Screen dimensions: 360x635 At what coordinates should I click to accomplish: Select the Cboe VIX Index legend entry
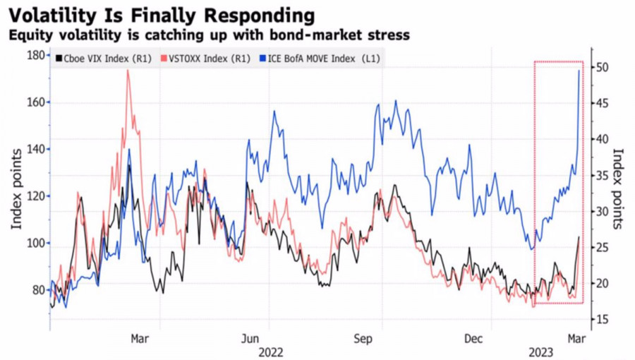point(102,59)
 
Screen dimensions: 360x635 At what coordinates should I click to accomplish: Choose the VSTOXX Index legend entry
point(205,59)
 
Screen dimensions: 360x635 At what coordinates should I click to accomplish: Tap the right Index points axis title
point(619,187)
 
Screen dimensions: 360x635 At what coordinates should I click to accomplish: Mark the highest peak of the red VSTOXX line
point(128,71)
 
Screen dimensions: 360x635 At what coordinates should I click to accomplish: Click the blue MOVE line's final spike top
point(580,71)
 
